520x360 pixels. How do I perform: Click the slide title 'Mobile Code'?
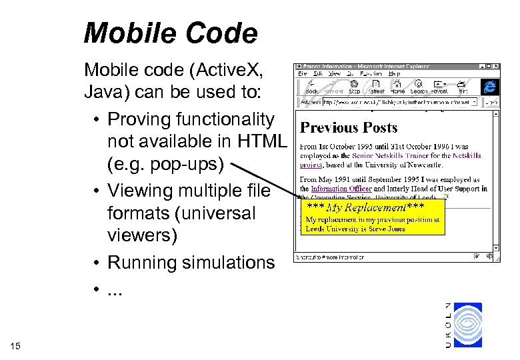coord(170,33)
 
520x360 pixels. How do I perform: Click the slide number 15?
coord(16,345)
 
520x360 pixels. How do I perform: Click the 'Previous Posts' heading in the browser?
coord(349,127)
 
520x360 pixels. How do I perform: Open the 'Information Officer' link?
coord(341,189)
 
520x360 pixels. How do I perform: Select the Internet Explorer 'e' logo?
coord(490,86)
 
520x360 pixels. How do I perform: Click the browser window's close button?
coord(496,67)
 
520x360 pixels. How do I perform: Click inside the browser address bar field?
coord(400,103)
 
